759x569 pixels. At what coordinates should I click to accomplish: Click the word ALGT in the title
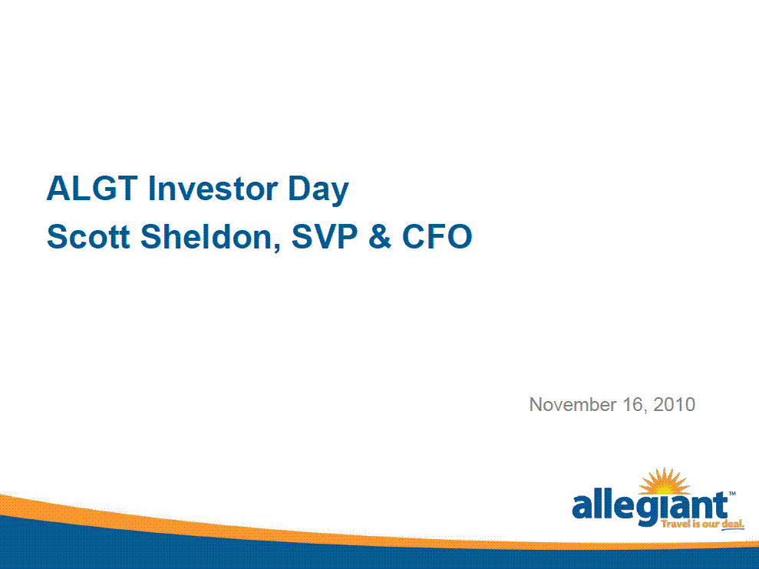[x=92, y=188]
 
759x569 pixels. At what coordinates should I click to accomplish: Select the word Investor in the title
[x=213, y=188]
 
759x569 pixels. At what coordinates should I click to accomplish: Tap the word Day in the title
[x=318, y=190]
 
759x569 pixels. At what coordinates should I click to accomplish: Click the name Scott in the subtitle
[x=88, y=237]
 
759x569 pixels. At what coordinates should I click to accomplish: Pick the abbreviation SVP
[x=325, y=237]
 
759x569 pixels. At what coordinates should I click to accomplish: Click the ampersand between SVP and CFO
[x=380, y=237]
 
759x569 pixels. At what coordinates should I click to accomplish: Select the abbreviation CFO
[x=437, y=237]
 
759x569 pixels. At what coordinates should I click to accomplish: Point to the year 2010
[x=675, y=404]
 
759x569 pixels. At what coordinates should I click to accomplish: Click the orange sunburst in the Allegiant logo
[x=664, y=481]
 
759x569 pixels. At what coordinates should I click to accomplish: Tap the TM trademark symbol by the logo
[x=732, y=494]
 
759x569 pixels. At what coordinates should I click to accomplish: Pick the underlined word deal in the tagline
[x=732, y=525]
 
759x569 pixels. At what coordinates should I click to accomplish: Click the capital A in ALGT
[x=59, y=188]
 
